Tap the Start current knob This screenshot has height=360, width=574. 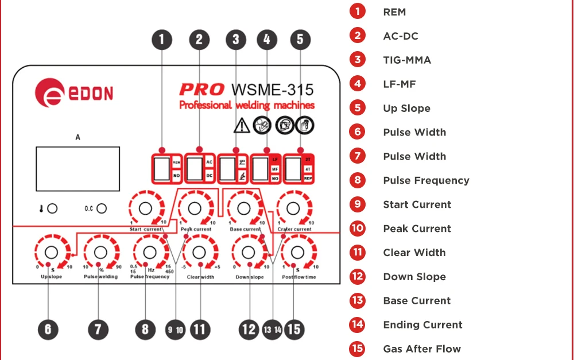coord(145,207)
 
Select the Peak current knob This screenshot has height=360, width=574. coord(195,207)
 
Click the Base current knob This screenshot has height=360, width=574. coord(244,207)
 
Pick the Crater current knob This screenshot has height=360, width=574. coord(293,207)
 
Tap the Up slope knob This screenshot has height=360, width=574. coord(51,252)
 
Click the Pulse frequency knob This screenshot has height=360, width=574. coord(150,252)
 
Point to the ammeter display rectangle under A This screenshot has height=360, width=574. coord(77,168)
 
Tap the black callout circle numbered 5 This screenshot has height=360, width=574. coord(300,40)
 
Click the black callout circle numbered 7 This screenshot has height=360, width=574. coord(98,330)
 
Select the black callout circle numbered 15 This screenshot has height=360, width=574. coord(293,330)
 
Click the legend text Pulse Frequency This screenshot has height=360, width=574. coord(426,180)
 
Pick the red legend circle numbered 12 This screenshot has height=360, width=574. coord(358,276)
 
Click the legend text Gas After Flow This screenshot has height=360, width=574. coord(422,349)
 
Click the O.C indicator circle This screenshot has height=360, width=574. coord(102,208)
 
